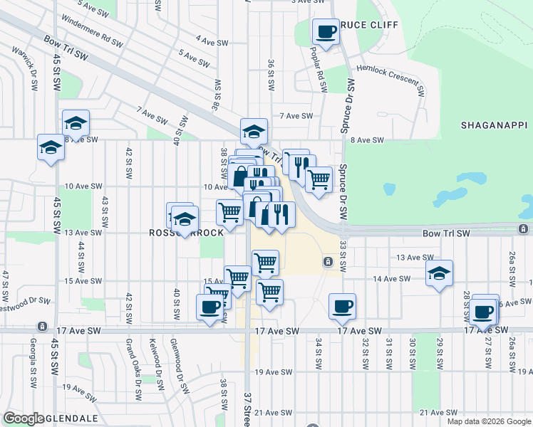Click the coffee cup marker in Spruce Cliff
coord(326,32)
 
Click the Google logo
coord(23,418)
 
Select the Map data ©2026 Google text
coord(488,421)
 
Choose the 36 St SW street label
coord(271,74)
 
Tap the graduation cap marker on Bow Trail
coord(254,132)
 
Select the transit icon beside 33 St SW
coord(328,262)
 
